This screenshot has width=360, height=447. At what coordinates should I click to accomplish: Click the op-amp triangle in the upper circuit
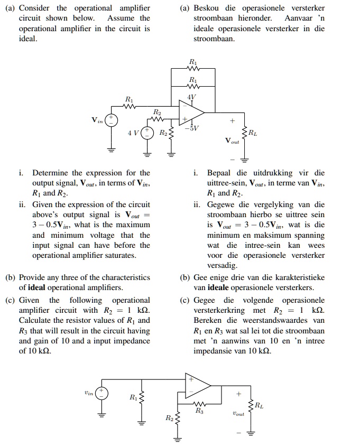point(193,111)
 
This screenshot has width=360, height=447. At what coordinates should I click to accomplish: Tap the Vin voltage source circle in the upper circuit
point(112,120)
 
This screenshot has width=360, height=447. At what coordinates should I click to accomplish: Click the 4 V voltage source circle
point(148,133)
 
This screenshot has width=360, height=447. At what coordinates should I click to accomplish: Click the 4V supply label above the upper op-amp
point(191,97)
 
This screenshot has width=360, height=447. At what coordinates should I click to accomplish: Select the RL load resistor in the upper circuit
point(244,132)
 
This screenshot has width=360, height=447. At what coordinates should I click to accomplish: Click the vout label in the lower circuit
point(238,414)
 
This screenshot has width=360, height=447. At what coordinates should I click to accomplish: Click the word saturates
point(119,255)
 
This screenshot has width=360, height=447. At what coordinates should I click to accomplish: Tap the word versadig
point(223,265)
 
